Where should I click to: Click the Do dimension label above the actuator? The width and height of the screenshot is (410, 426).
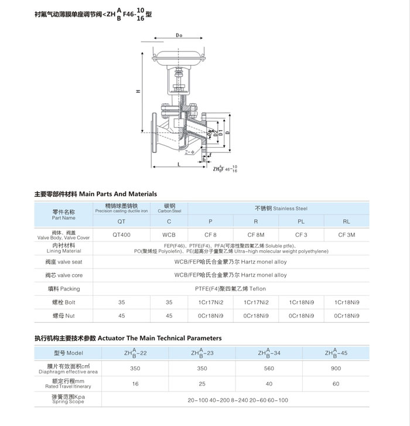[x=179, y=36]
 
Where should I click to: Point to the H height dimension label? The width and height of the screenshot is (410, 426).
[x=138, y=91]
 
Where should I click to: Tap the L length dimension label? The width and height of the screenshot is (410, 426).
[x=177, y=166]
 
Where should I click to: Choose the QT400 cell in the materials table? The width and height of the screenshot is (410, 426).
[x=121, y=234]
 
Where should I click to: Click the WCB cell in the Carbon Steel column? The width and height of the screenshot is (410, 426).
[x=169, y=234]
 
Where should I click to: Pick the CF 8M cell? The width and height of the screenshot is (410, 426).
[x=256, y=234]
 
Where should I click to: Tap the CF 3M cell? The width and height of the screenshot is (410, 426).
[x=347, y=234]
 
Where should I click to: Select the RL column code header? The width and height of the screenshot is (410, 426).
[x=347, y=221]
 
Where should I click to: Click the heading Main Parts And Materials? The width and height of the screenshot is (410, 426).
[x=96, y=194]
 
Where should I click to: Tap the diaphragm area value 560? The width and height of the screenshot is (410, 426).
[x=269, y=369]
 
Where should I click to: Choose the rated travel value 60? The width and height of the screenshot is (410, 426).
[x=336, y=384]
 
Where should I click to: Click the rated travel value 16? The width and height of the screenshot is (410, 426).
[x=135, y=384]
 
